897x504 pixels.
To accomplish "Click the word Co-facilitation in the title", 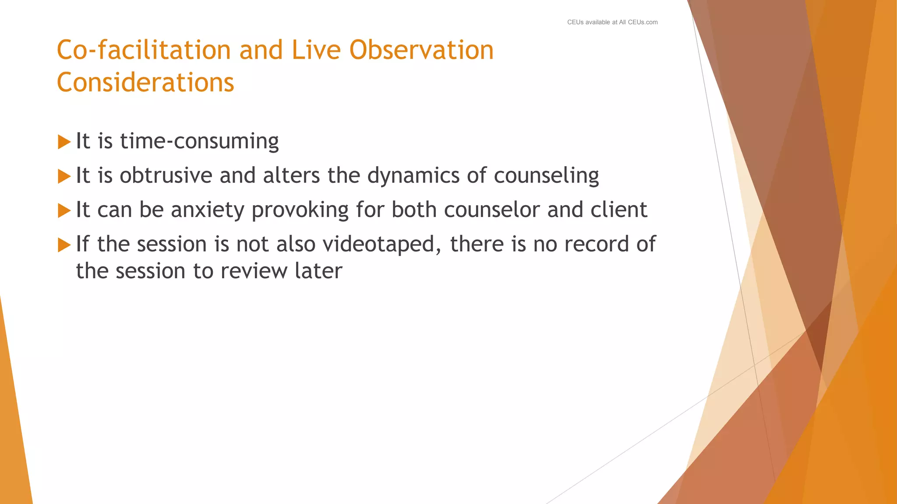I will point(143,50).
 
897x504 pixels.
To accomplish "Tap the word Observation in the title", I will point(421,50).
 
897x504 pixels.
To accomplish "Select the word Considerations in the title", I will point(145,82).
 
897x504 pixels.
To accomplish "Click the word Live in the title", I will point(316,50).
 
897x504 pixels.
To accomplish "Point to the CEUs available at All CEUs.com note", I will point(612,22).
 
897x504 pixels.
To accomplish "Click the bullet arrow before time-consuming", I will point(64,142).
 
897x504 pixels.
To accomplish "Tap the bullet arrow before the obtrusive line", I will point(64,176).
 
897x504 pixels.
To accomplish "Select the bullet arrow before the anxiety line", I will point(64,210).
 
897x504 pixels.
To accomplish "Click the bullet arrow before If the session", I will point(64,245).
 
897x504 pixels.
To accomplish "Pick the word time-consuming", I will point(199,141).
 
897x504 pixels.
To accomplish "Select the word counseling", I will point(546,175).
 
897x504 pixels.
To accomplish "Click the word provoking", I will point(300,210).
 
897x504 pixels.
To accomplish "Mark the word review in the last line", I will point(254,271).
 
